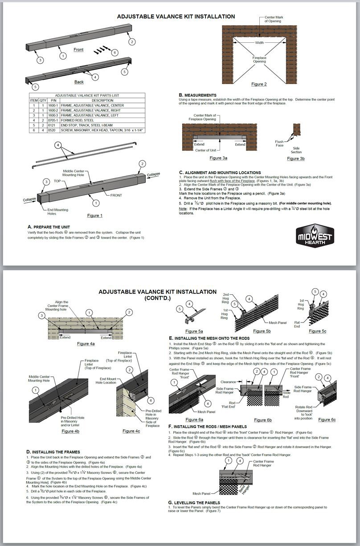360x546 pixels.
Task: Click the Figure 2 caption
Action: (259, 84)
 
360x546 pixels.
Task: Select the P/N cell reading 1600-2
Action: (53, 110)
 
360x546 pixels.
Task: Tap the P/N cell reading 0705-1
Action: (53, 120)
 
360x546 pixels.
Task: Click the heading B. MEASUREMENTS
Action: (198, 95)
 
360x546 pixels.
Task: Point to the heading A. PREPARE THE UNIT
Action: (49, 227)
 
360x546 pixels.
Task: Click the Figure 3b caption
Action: (296, 159)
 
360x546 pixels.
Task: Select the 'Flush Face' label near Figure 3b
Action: (279, 143)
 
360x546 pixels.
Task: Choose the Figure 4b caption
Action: (70, 431)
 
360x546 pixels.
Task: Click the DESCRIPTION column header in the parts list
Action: (102, 101)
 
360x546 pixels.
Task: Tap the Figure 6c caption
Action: (327, 420)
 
